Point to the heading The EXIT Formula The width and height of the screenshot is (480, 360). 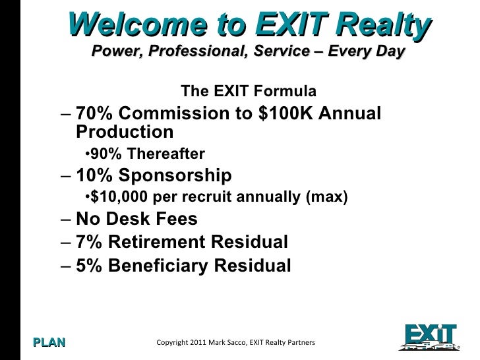point(248,90)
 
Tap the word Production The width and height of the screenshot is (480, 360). point(125,132)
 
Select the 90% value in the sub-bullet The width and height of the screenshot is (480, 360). point(102,154)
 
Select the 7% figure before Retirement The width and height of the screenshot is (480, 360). point(88,243)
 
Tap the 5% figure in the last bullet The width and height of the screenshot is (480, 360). point(88,266)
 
